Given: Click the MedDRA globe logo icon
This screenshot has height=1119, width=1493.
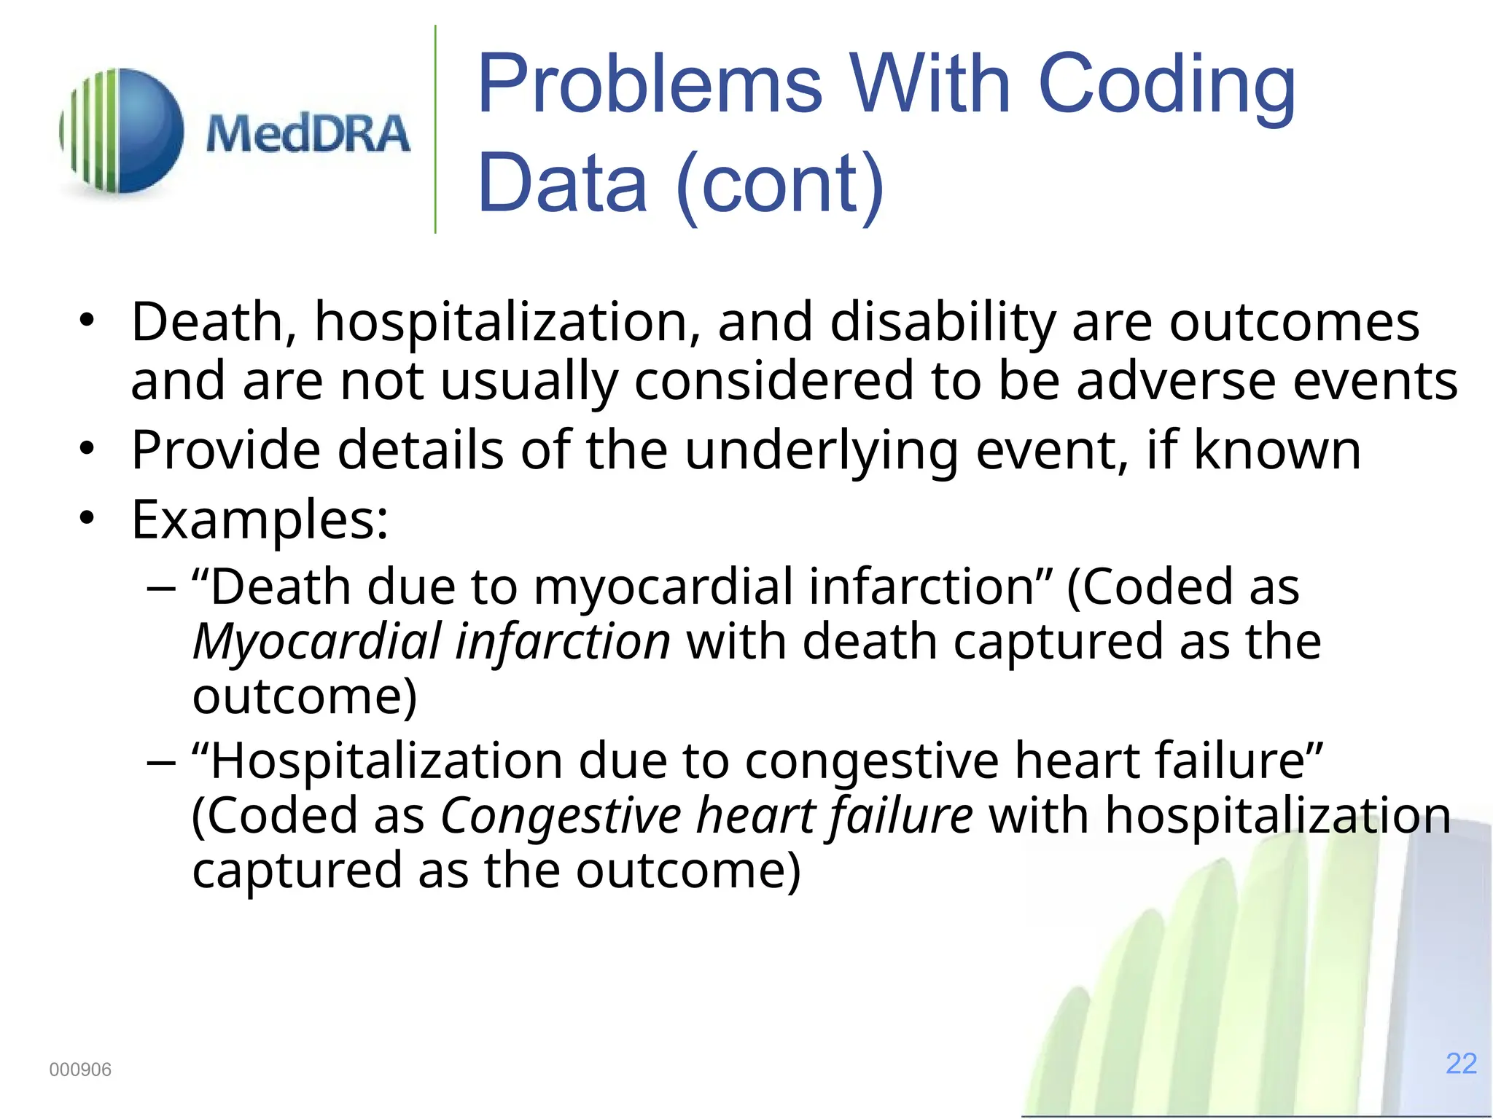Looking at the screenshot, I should tap(122, 131).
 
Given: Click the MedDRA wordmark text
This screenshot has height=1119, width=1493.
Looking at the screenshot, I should tap(307, 134).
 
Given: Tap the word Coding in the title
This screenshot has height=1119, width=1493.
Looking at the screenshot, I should tap(1166, 86).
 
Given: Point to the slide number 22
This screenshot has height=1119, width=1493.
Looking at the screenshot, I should tap(1461, 1064).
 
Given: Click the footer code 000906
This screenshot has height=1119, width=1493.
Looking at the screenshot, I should tap(80, 1069).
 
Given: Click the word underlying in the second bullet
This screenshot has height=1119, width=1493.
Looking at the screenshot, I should tap(821, 450).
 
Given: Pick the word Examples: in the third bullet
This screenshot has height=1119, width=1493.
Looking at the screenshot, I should tap(260, 520).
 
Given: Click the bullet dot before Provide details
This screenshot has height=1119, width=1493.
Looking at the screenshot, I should tap(87, 449).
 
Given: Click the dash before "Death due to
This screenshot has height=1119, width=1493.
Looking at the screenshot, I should tap(161, 587).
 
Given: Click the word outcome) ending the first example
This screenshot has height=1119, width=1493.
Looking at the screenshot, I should tap(305, 696).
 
